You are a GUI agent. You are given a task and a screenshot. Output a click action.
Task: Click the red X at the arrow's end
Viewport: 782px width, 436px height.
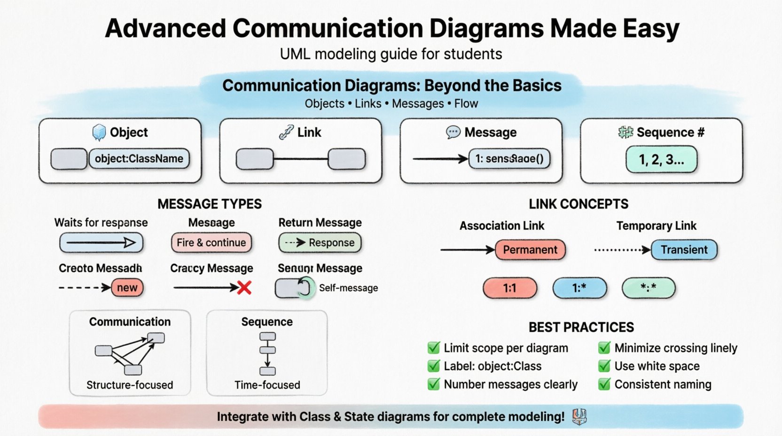pyautogui.click(x=244, y=288)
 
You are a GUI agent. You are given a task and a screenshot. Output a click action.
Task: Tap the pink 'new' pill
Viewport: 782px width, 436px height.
pyautogui.click(x=127, y=288)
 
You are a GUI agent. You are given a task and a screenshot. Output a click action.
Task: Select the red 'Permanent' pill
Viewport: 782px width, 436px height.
pyautogui.click(x=530, y=249)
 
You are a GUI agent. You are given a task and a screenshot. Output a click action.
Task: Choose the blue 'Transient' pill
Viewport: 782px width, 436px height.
pyautogui.click(x=684, y=249)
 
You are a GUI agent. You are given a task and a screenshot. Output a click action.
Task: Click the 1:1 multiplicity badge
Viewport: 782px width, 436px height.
pyautogui.click(x=509, y=288)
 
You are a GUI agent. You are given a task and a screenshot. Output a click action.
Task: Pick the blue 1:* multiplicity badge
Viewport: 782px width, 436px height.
pyautogui.click(x=579, y=288)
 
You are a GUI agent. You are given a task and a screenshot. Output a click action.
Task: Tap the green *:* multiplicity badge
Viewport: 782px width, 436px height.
pyautogui.click(x=648, y=288)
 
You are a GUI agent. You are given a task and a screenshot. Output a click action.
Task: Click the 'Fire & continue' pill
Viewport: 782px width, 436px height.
pyautogui.click(x=211, y=242)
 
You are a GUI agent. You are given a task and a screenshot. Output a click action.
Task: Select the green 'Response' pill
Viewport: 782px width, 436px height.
pyautogui.click(x=320, y=242)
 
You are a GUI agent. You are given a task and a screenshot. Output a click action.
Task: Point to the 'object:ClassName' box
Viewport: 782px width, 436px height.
pyautogui.click(x=139, y=159)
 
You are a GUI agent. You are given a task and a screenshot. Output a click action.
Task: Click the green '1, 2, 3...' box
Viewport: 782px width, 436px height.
pyautogui.click(x=661, y=160)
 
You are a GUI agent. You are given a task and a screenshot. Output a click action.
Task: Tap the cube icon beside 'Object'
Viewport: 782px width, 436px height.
pyautogui.click(x=99, y=132)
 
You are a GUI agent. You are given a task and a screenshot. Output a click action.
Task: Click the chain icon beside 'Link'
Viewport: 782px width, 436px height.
pyautogui.click(x=286, y=132)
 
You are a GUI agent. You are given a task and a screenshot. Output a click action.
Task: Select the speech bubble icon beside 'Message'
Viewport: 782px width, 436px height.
pyautogui.click(x=453, y=132)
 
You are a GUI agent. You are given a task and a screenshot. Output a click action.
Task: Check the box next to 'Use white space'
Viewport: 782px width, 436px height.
pyautogui.click(x=604, y=366)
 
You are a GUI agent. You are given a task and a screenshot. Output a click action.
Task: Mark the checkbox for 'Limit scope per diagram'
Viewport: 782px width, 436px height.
pyautogui.click(x=433, y=348)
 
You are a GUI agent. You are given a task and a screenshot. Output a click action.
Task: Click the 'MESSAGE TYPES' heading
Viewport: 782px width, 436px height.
pyautogui.click(x=210, y=204)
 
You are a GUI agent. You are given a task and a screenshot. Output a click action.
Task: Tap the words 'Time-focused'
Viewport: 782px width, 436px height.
pyautogui.click(x=267, y=385)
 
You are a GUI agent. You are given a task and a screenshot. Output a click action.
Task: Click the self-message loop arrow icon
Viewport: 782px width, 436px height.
pyautogui.click(x=305, y=288)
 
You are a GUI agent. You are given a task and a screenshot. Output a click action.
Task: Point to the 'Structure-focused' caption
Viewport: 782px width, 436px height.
pyautogui.click(x=130, y=385)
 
